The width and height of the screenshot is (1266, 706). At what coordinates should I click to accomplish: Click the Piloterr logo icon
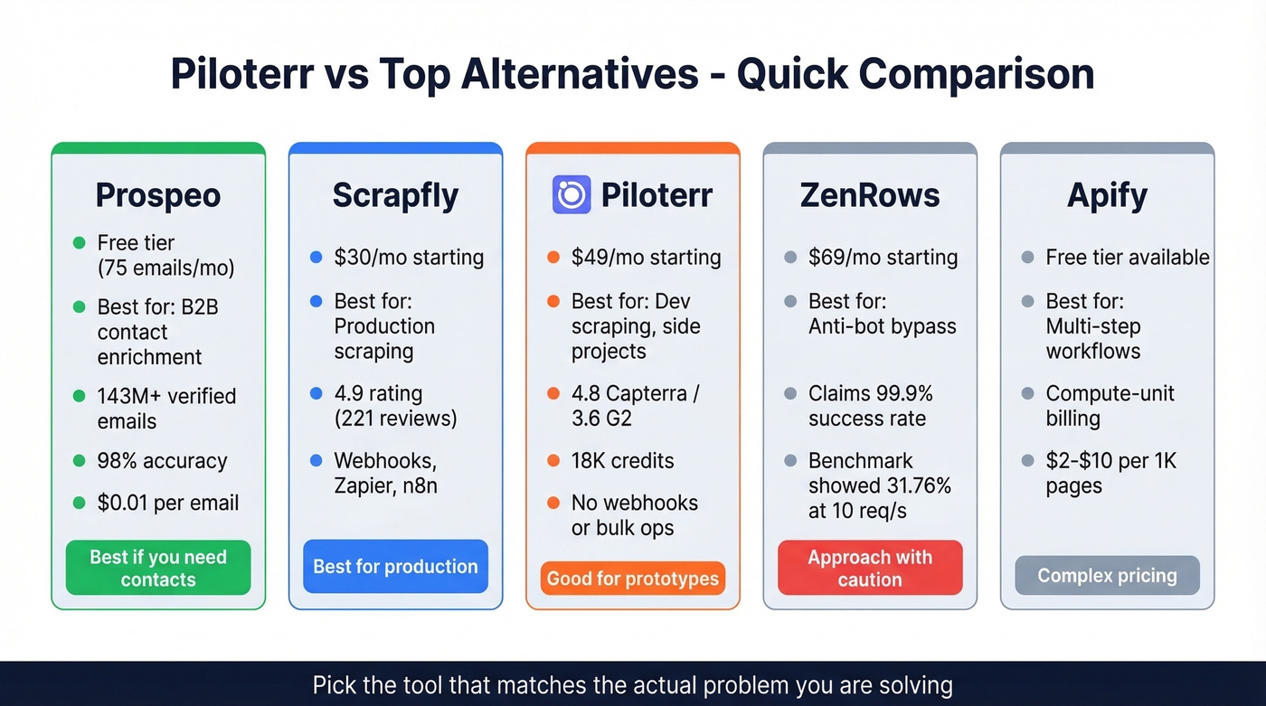pyautogui.click(x=572, y=194)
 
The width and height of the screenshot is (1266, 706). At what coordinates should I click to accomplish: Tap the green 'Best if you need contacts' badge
pyautogui.click(x=158, y=568)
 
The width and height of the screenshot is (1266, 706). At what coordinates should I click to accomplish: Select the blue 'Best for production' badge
pyautogui.click(x=395, y=567)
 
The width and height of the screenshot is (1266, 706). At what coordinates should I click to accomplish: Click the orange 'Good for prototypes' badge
pyautogui.click(x=633, y=579)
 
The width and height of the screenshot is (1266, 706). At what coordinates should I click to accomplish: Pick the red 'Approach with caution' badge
pyautogui.click(x=870, y=568)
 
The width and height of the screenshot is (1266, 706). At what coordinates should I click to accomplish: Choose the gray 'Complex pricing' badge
pyautogui.click(x=1107, y=576)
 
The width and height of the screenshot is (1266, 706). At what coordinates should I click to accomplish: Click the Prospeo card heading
pyautogui.click(x=158, y=195)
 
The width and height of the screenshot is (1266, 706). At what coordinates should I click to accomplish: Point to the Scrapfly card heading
pyautogui.click(x=395, y=195)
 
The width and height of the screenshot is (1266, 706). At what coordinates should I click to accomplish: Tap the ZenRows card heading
pyautogui.click(x=870, y=195)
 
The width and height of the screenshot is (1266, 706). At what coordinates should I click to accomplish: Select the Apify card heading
pyautogui.click(x=1107, y=195)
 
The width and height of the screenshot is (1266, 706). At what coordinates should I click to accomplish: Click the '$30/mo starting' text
pyautogui.click(x=409, y=258)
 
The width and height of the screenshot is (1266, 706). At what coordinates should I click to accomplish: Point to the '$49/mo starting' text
pyautogui.click(x=646, y=258)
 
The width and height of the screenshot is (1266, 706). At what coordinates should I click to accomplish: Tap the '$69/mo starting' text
pyautogui.click(x=883, y=258)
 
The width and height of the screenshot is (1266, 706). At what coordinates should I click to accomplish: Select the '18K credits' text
pyautogui.click(x=622, y=461)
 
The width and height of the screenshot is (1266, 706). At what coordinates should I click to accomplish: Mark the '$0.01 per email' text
pyautogui.click(x=168, y=503)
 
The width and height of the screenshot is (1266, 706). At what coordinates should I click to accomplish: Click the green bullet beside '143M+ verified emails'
pyautogui.click(x=79, y=396)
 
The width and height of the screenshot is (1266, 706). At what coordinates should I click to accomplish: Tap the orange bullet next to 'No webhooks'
pyautogui.click(x=553, y=503)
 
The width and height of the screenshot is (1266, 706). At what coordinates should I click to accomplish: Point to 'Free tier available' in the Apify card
pyautogui.click(x=1127, y=258)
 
